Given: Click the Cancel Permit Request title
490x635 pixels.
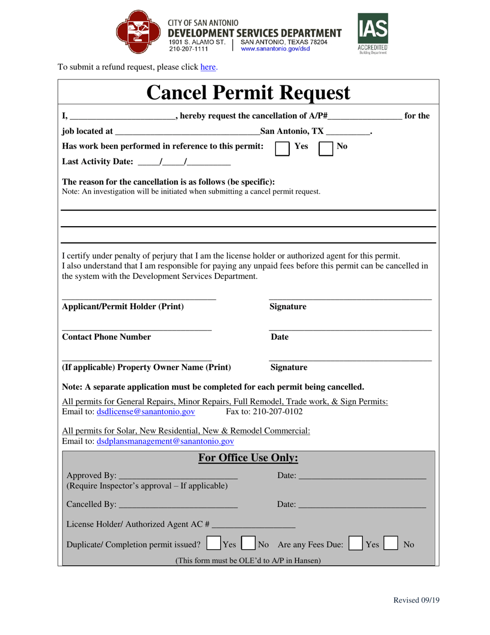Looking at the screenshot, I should pos(248,93).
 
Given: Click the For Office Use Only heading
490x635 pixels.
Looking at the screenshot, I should pos(248,458).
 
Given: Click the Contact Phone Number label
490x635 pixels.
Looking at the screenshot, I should pos(107,337).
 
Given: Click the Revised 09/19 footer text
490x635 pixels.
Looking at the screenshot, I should pos(416,600).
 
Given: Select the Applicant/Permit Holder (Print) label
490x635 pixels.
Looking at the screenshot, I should pos(123,307).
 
